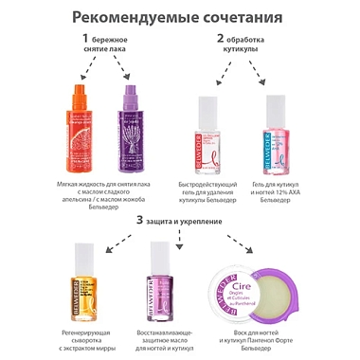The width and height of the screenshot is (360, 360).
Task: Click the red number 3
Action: (x=140, y=220)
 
